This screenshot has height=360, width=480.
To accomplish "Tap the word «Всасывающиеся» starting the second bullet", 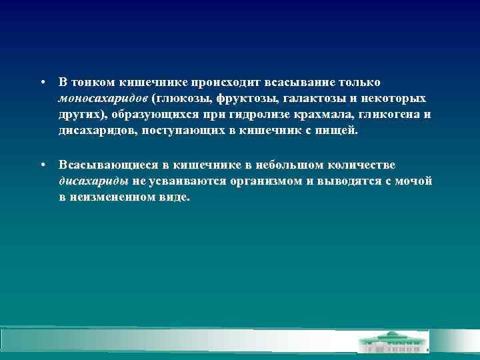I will point(99,165).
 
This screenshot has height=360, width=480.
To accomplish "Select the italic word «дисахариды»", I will point(93,181).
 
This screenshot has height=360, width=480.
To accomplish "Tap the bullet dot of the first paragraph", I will point(41,83).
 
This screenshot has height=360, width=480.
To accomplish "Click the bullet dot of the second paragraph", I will point(41,165).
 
